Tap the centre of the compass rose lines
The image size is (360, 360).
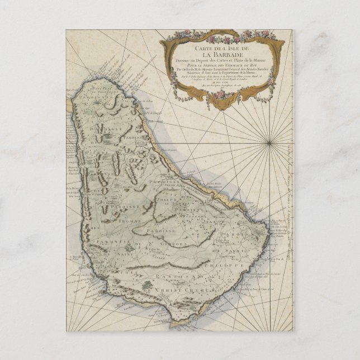pos(269,143)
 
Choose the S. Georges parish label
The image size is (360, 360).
pos(169,243)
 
